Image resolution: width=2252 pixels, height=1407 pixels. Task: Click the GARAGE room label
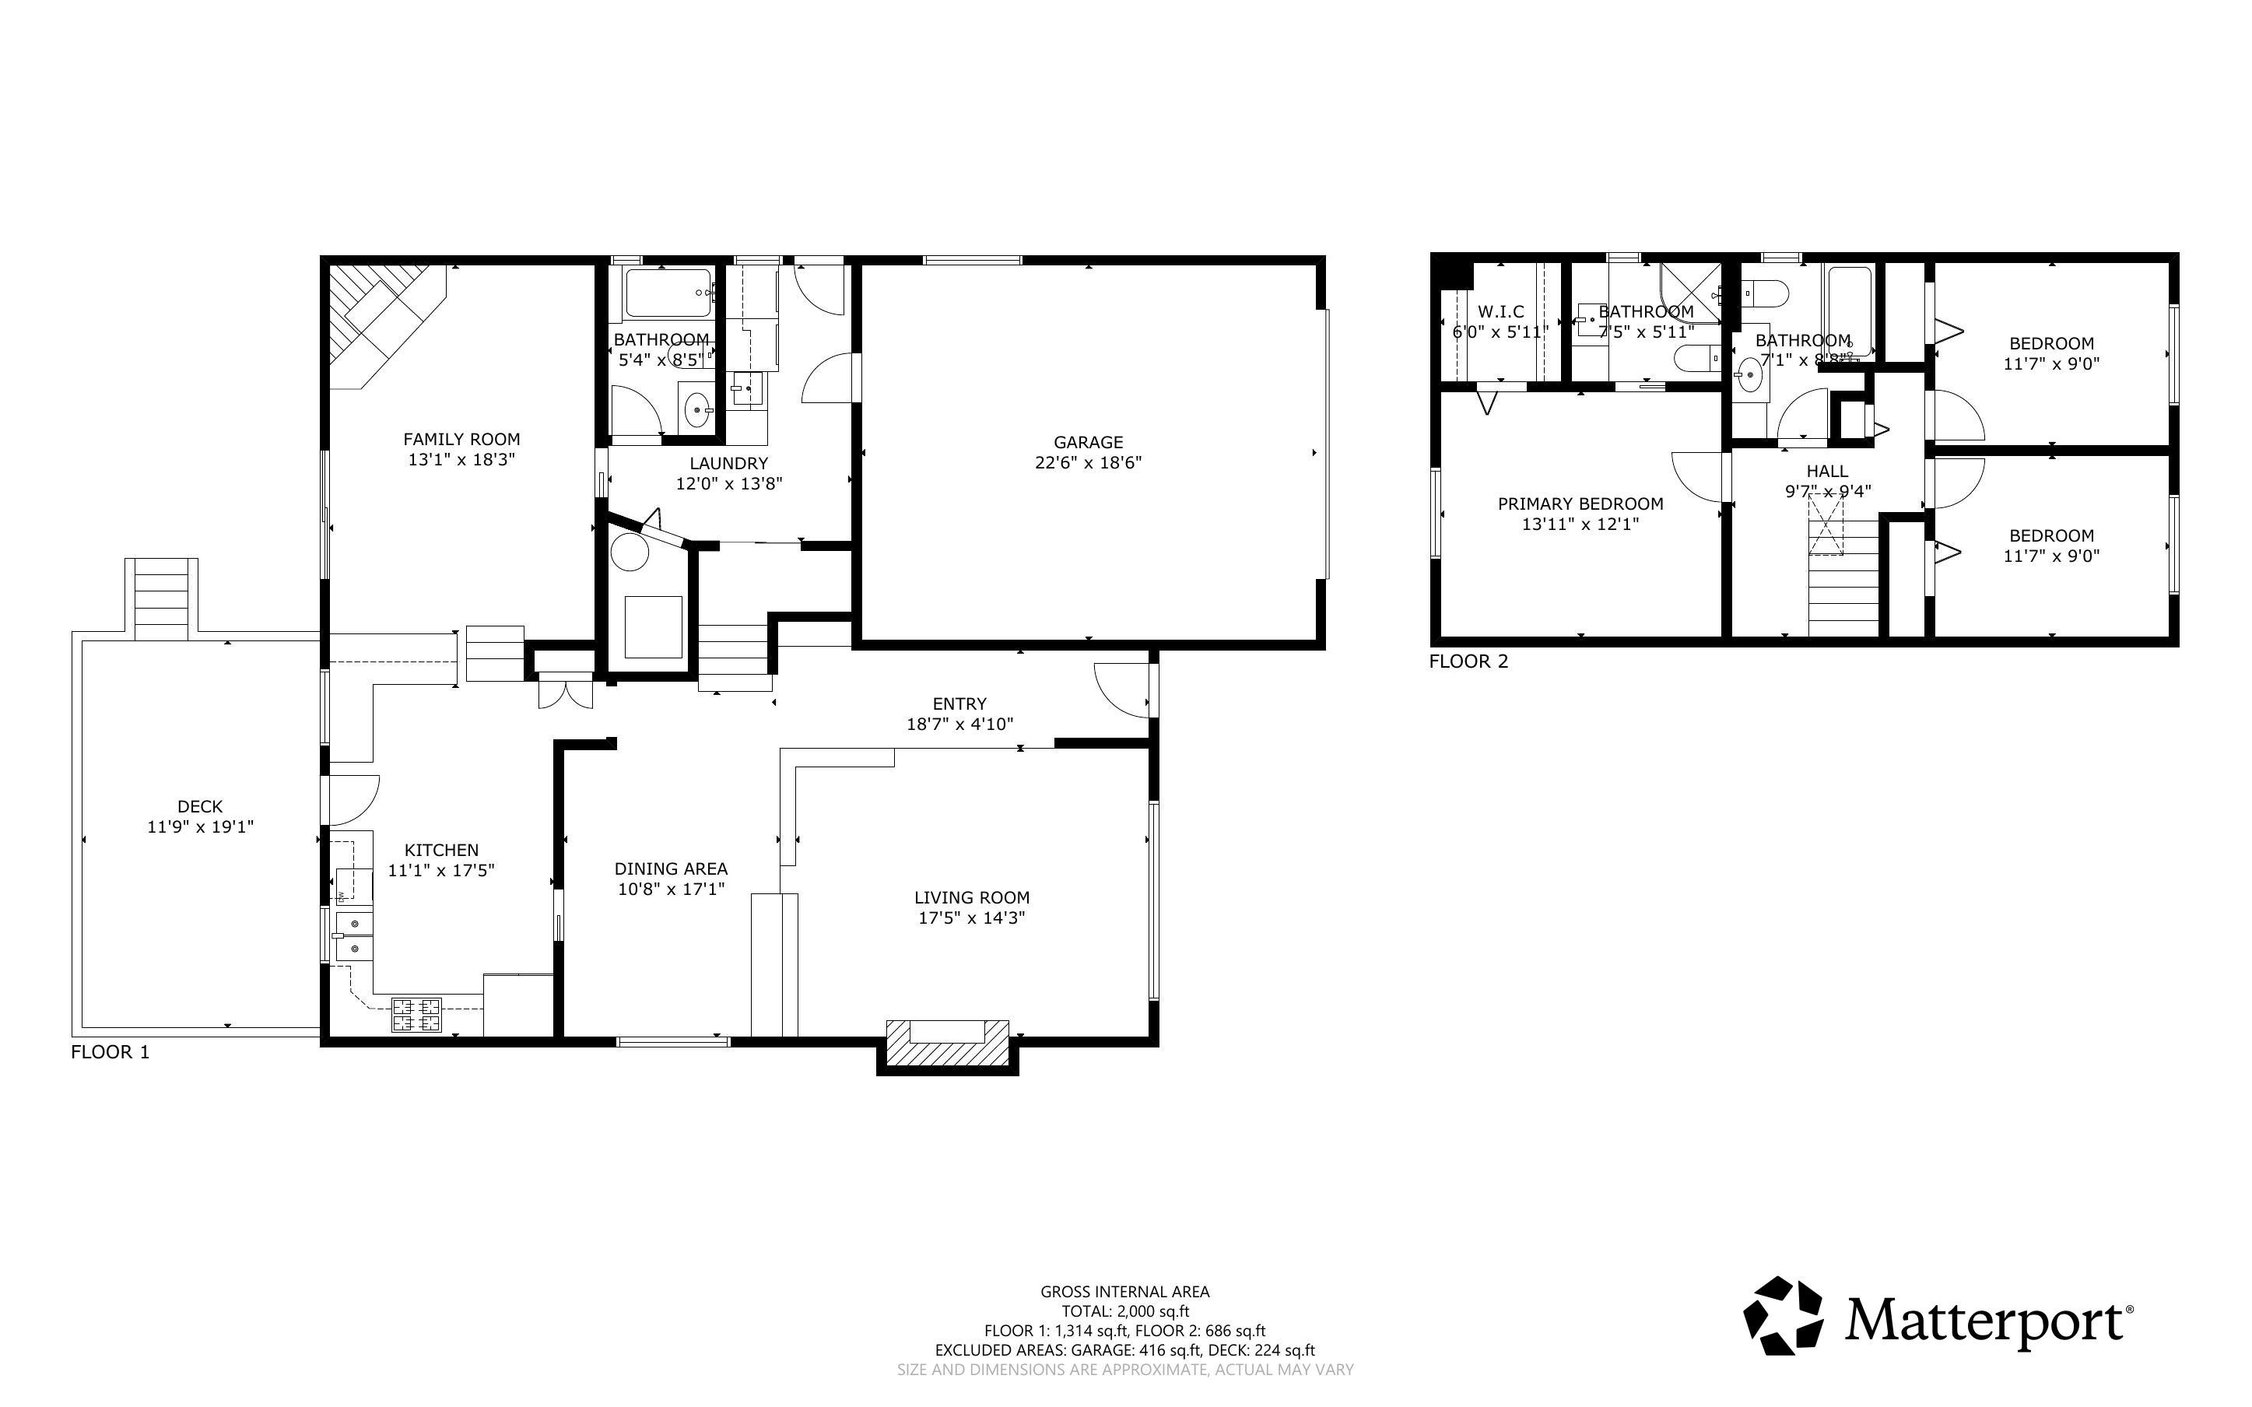pos(1087,442)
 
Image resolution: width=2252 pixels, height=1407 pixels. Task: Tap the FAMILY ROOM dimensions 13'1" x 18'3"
pos(461,460)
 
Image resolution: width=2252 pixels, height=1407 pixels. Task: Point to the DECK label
pos(200,807)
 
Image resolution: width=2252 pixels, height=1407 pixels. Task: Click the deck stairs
pos(162,599)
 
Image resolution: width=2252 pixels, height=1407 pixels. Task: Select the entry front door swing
pos(1124,690)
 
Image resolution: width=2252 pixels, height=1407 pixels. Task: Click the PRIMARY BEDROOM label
pos(1580,504)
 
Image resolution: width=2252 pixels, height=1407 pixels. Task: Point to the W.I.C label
pos(1500,312)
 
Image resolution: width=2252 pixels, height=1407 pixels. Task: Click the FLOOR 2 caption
pos(1468,661)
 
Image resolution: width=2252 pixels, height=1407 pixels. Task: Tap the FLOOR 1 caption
pos(110,1052)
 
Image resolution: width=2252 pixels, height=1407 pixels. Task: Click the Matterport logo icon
pos(1782,1316)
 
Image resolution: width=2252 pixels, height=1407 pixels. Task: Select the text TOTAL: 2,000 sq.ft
pos(1124,1311)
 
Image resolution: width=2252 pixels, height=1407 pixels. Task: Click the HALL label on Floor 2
pos(1827,472)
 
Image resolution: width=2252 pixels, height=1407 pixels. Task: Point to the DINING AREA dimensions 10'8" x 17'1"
pos(671,889)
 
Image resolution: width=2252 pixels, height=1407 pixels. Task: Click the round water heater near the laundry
pos(629,552)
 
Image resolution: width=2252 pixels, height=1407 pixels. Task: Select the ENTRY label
pos(959,704)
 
